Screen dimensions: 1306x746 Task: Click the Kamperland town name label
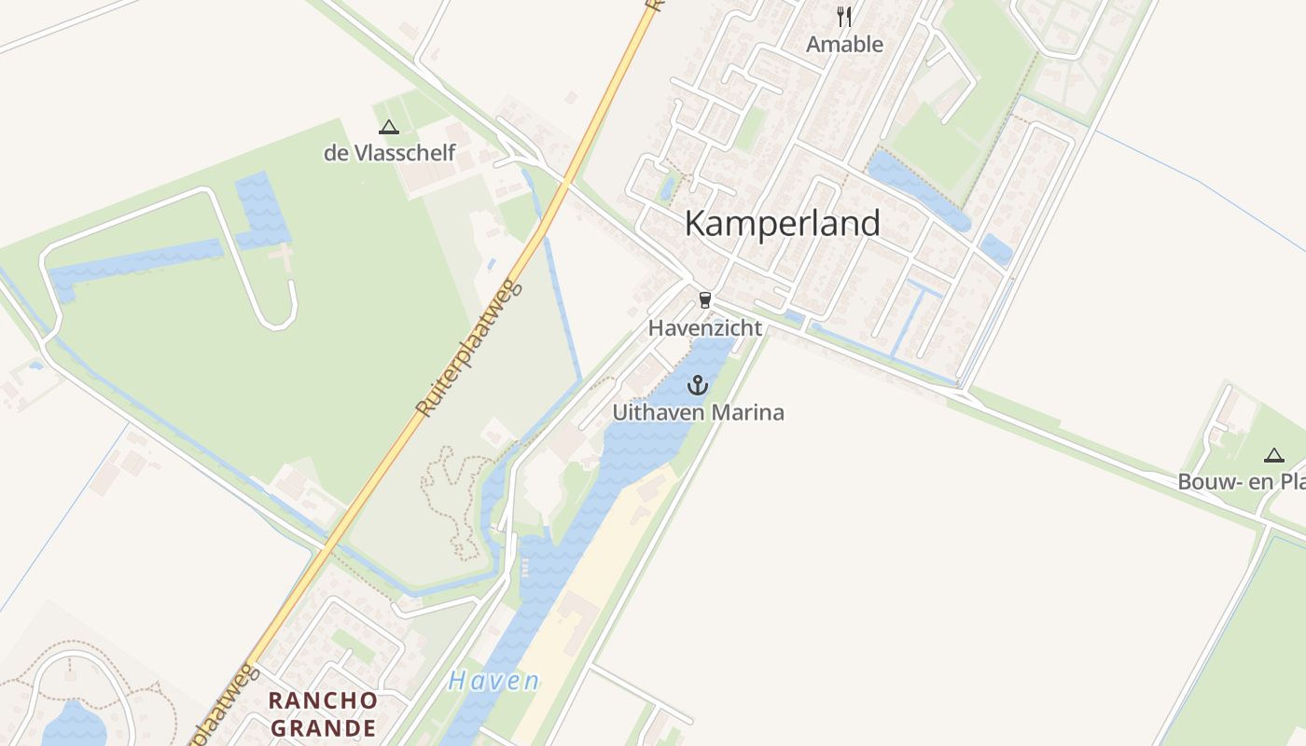782,224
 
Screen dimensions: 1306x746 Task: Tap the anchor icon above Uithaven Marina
698,385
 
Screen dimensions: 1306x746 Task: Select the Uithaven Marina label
698,412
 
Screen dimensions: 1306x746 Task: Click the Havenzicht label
704,328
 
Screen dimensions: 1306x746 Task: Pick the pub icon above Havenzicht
704,300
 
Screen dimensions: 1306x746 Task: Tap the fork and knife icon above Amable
844,17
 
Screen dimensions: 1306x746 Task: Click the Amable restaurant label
844,44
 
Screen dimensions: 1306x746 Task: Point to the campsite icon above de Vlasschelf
389,127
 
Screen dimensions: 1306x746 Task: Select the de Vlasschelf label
389,153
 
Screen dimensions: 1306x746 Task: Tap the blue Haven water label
493,681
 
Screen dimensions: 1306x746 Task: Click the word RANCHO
323,700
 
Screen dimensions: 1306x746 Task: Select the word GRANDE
323,727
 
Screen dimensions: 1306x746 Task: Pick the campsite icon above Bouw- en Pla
1273,455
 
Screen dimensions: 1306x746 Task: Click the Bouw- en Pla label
1241,482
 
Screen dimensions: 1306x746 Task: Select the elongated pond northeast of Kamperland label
919,191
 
